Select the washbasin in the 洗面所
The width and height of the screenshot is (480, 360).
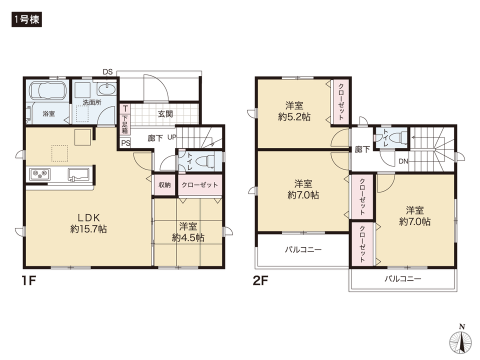(106, 90)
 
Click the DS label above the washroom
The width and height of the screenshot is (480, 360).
(107, 72)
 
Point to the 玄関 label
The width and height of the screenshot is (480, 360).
(165, 113)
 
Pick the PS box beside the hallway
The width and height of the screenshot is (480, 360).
(124, 142)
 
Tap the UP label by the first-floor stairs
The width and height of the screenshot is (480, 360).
(171, 137)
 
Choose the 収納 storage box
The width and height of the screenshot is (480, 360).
(164, 185)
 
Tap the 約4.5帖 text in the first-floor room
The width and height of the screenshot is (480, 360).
(187, 238)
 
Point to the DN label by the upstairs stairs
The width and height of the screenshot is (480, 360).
(403, 161)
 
